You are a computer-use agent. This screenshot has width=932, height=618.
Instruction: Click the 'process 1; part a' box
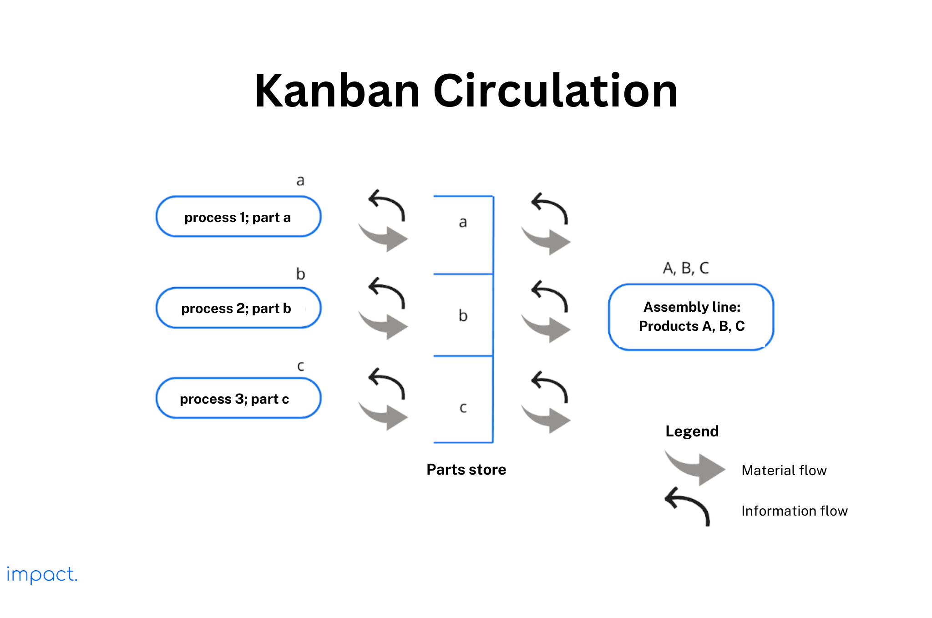pyautogui.click(x=238, y=217)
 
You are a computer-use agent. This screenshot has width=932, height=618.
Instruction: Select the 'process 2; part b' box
pyautogui.click(x=238, y=308)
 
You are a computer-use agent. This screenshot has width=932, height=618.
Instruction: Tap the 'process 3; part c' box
pyautogui.click(x=238, y=398)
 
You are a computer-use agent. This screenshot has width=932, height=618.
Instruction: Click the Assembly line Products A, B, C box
pyautogui.click(x=691, y=317)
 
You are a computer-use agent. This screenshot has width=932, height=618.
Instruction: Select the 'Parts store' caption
pyautogui.click(x=466, y=469)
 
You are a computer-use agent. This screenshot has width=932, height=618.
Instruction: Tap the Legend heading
pyautogui.click(x=692, y=431)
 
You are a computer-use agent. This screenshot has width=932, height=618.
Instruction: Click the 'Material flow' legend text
pyautogui.click(x=784, y=470)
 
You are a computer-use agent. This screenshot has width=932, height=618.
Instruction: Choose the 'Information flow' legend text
pyautogui.click(x=794, y=511)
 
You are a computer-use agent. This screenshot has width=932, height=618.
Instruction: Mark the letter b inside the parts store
pyautogui.click(x=463, y=315)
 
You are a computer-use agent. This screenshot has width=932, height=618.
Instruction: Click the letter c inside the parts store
pyautogui.click(x=463, y=408)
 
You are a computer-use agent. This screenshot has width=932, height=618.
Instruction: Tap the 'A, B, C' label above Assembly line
pyautogui.click(x=685, y=268)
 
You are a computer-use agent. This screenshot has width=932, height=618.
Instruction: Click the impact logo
pyautogui.click(x=42, y=574)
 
